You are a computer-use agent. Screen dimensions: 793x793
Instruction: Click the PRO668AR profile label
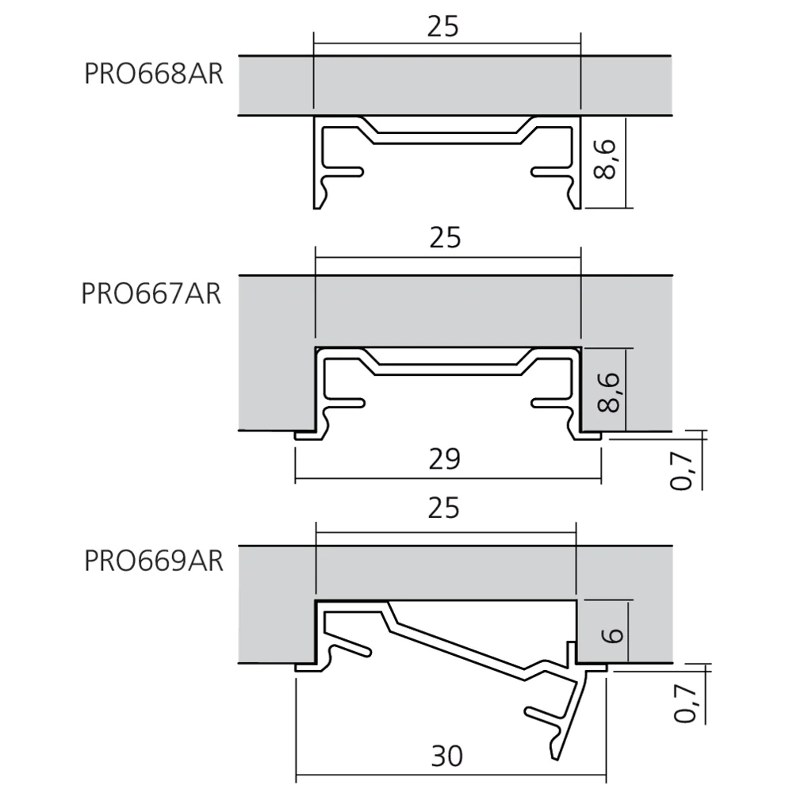(154, 74)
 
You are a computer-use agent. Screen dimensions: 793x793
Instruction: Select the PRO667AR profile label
(151, 294)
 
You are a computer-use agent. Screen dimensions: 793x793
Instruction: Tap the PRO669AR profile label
(154, 561)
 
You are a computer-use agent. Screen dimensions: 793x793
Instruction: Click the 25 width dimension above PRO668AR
(442, 27)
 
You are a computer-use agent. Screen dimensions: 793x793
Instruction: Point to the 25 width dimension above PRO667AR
(445, 238)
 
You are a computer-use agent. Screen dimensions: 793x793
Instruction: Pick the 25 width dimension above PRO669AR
(443, 508)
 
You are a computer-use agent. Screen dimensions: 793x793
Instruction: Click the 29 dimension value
(445, 459)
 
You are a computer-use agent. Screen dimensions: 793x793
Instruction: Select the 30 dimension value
(447, 757)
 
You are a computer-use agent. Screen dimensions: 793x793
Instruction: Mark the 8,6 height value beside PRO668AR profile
(605, 160)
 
